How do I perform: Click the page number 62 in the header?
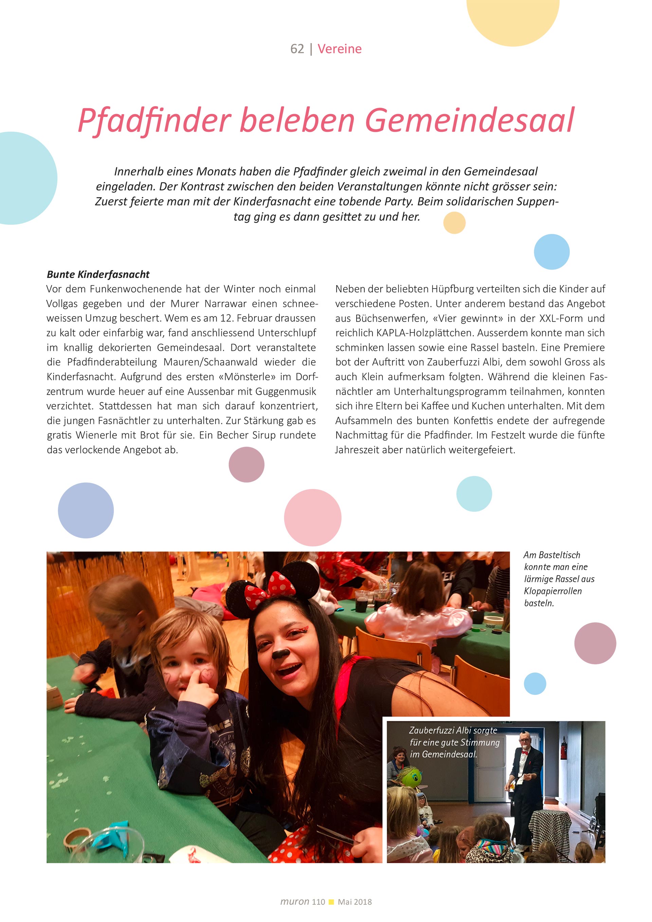pyautogui.click(x=297, y=49)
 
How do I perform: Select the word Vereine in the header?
pyautogui.click(x=339, y=49)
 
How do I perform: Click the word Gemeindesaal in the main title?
pyautogui.click(x=469, y=120)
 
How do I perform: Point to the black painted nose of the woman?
pyautogui.click(x=280, y=654)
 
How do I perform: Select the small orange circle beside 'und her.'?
pyautogui.click(x=454, y=223)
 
